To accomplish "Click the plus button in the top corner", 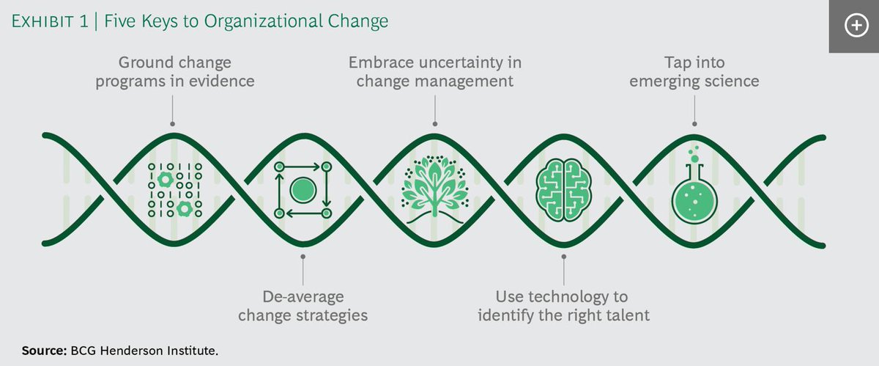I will point(855,26).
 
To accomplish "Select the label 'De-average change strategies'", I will point(303,307).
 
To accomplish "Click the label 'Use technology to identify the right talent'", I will point(563,307).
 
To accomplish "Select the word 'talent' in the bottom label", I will point(628,316).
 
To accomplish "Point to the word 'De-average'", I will point(303,297).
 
